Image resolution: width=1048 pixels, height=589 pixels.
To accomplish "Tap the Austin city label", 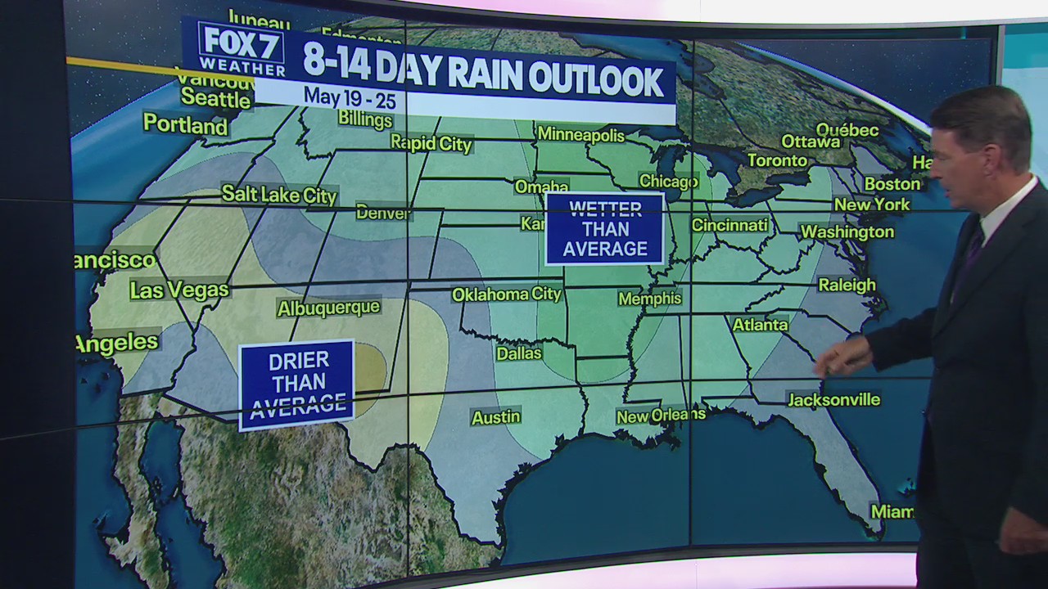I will click(496, 418).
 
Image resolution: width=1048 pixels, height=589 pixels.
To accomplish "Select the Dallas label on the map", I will click(519, 353).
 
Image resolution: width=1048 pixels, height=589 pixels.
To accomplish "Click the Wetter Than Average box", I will click(605, 228).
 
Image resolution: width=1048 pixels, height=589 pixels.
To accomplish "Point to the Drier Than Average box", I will click(296, 383).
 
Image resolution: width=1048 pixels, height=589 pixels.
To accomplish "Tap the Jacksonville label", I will click(833, 399).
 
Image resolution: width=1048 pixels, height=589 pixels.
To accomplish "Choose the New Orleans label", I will click(661, 416).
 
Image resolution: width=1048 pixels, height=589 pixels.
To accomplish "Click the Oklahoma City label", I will click(507, 294).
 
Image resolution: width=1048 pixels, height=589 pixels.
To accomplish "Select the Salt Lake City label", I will click(279, 195).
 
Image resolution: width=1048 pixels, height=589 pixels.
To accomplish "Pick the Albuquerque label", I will click(328, 308).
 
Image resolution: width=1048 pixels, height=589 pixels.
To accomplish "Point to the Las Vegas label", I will click(179, 290).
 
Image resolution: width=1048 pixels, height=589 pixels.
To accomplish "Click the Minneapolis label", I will click(581, 135).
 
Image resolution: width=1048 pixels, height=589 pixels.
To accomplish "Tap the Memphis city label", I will click(650, 299).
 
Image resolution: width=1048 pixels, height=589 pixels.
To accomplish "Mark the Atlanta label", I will click(760, 325).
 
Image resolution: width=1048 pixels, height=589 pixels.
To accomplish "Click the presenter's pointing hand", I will click(839, 357).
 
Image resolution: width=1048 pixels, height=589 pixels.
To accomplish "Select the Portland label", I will click(185, 124).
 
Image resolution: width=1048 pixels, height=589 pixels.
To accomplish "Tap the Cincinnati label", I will click(730, 225).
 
